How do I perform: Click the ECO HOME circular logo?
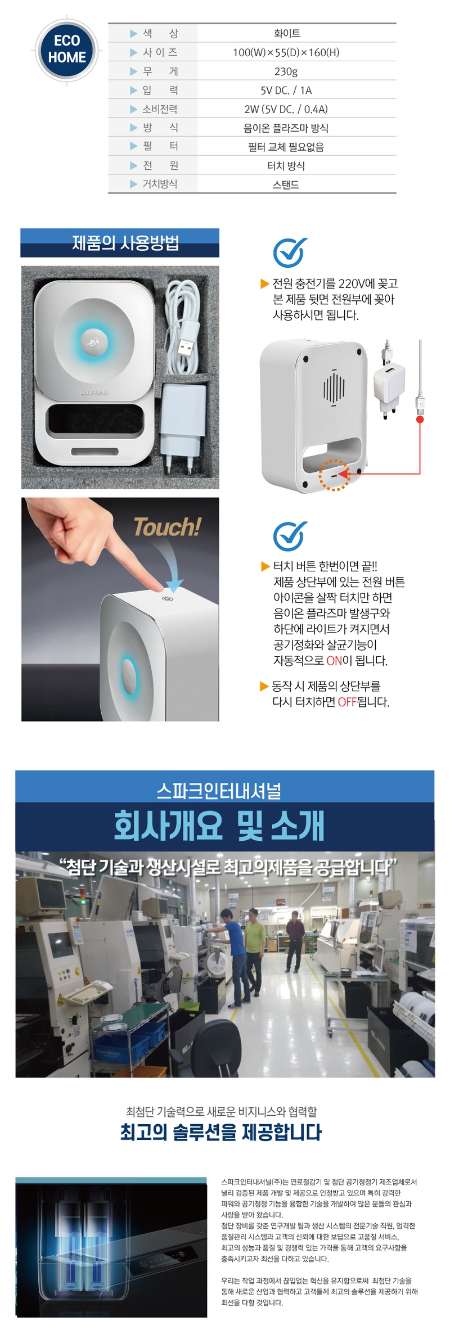point(67,49)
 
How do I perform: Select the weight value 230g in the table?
point(286,71)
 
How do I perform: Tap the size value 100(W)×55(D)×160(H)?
point(286,52)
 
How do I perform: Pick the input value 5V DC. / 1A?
point(286,90)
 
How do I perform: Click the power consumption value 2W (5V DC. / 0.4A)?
point(286,109)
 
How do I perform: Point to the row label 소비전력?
point(160,109)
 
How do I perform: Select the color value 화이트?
point(287,34)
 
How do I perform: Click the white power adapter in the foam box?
point(183,419)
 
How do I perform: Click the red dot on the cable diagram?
point(420,419)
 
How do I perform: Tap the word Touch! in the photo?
point(166,527)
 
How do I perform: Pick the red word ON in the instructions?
point(334,660)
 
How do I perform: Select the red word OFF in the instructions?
point(347,702)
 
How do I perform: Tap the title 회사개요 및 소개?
point(219,826)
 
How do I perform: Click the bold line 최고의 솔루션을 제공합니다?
point(221,1131)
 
